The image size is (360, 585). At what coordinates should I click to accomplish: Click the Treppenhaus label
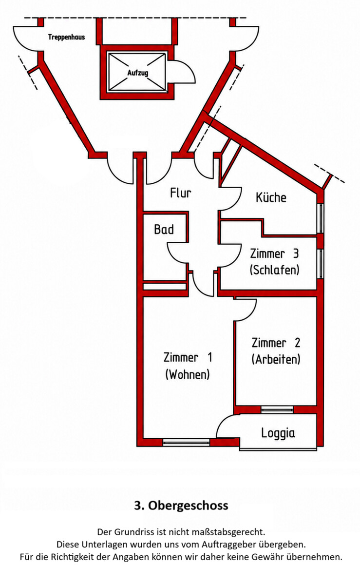(x=67, y=38)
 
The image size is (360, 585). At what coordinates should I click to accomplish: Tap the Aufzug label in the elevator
(x=137, y=73)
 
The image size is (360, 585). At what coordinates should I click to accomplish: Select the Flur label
(x=181, y=193)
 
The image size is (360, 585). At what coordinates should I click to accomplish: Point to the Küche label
(x=271, y=197)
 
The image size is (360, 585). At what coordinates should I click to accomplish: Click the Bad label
(x=164, y=229)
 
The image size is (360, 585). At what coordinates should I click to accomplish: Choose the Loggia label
(x=278, y=433)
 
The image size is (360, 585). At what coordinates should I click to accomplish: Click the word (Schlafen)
(x=275, y=270)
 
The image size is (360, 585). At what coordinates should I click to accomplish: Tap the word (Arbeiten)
(x=276, y=359)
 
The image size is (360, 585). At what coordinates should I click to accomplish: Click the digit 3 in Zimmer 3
(x=296, y=253)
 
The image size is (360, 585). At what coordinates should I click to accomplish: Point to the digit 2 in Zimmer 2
(x=297, y=343)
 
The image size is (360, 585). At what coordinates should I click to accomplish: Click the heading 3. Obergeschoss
(x=181, y=506)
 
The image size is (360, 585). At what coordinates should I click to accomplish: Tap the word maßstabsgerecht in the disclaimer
(x=228, y=532)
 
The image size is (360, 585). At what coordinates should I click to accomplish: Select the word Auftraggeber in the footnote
(x=229, y=545)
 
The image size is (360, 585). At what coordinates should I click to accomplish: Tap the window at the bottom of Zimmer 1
(x=186, y=442)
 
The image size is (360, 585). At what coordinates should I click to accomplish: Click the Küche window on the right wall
(x=321, y=218)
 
